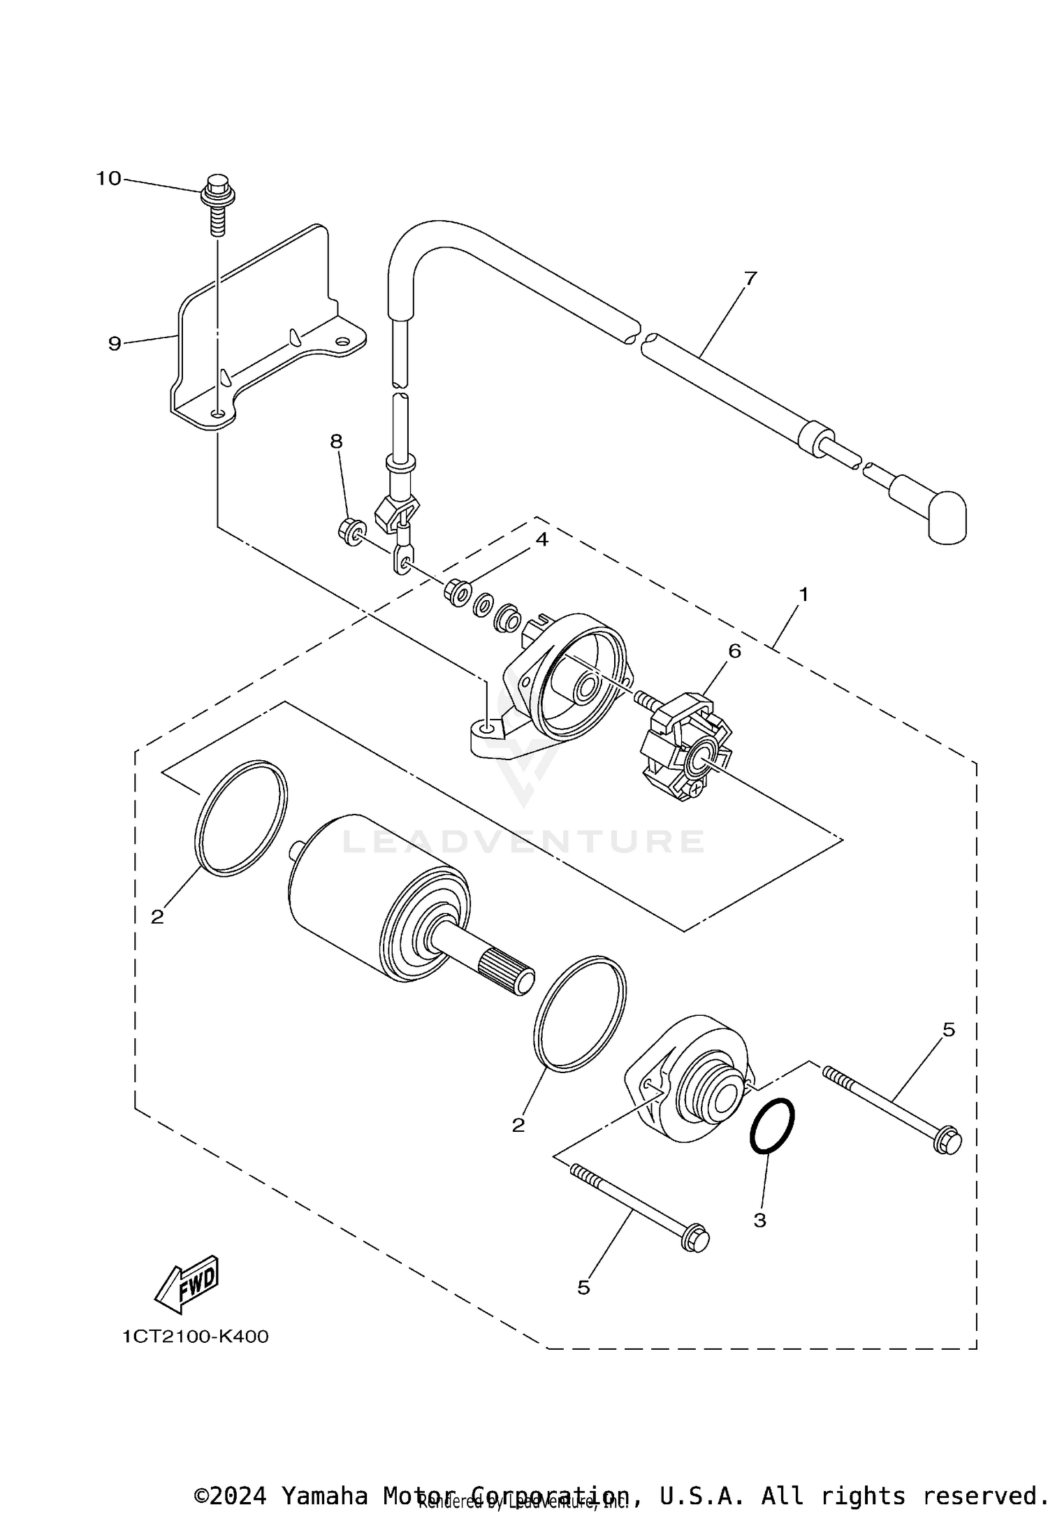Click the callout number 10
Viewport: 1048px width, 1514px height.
pyautogui.click(x=108, y=179)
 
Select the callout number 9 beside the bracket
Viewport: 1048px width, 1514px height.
pyautogui.click(x=115, y=343)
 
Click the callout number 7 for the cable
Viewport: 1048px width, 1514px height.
pyautogui.click(x=750, y=278)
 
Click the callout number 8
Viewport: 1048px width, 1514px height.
pyautogui.click(x=337, y=441)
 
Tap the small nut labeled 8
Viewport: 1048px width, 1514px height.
pyautogui.click(x=351, y=532)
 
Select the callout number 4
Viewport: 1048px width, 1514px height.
pyautogui.click(x=541, y=540)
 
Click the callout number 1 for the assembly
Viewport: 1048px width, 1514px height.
pyautogui.click(x=803, y=595)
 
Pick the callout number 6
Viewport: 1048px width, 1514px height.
pyautogui.click(x=734, y=650)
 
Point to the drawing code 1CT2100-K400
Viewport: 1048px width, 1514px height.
pyautogui.click(x=196, y=1337)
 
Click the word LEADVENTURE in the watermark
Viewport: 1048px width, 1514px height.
pyautogui.click(x=523, y=841)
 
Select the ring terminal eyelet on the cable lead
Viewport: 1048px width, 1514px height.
pyautogui.click(x=401, y=559)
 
